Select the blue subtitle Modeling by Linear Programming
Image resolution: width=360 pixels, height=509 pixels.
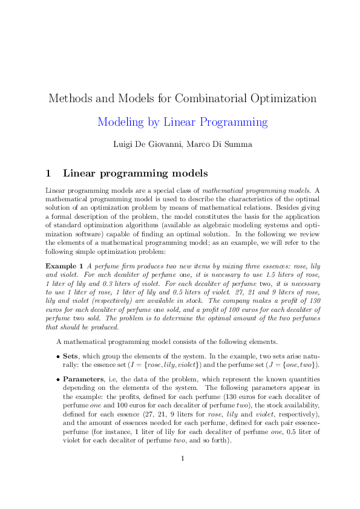pos(182,122)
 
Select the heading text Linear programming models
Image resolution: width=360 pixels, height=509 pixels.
pos(136,173)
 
